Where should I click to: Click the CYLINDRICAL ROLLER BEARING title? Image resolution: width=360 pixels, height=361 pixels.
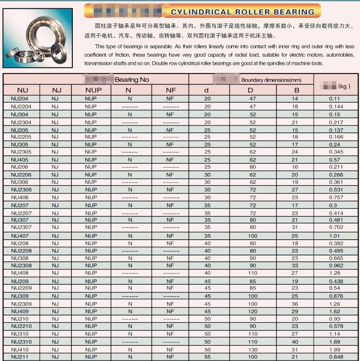tap(243, 12)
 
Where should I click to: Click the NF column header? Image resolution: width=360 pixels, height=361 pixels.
tap(170, 90)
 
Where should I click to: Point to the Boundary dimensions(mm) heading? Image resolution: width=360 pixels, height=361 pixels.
tap(271, 80)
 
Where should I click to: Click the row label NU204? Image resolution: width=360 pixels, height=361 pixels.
tap(20, 99)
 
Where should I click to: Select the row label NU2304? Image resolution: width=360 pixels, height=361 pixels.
tap(21, 122)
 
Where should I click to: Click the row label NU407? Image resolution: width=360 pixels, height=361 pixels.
tap(20, 236)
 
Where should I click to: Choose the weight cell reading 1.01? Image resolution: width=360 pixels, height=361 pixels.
tap(334, 236)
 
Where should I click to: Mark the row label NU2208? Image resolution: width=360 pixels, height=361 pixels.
tap(21, 251)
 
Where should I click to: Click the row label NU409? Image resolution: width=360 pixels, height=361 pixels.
tap(20, 312)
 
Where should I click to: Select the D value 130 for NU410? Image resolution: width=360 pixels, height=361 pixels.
tap(253, 350)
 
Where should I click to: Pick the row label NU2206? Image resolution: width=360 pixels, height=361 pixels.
tap(21, 175)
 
